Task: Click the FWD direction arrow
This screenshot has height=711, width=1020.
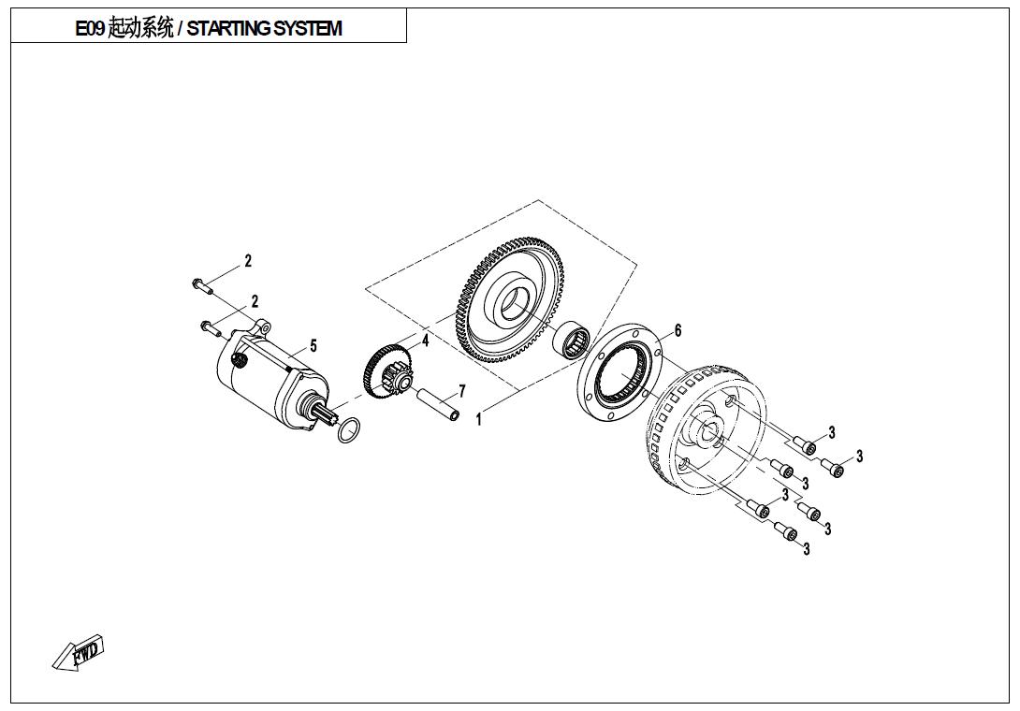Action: tap(79, 652)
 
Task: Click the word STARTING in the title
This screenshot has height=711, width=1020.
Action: tap(227, 28)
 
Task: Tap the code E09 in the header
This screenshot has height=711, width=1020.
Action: tap(90, 28)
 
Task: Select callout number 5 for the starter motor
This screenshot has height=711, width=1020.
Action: tap(313, 346)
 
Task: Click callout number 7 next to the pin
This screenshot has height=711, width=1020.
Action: tap(461, 391)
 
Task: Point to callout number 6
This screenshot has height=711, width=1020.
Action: tap(678, 330)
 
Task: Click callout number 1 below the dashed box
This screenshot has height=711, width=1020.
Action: tap(478, 420)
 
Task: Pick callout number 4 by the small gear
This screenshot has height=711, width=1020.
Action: tap(425, 341)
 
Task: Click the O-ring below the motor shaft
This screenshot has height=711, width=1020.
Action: tap(347, 430)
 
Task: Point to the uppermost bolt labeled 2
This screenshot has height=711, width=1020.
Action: tap(203, 283)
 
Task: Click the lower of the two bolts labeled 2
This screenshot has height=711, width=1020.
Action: tap(210, 327)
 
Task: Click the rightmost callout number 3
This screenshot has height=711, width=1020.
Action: tap(859, 456)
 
